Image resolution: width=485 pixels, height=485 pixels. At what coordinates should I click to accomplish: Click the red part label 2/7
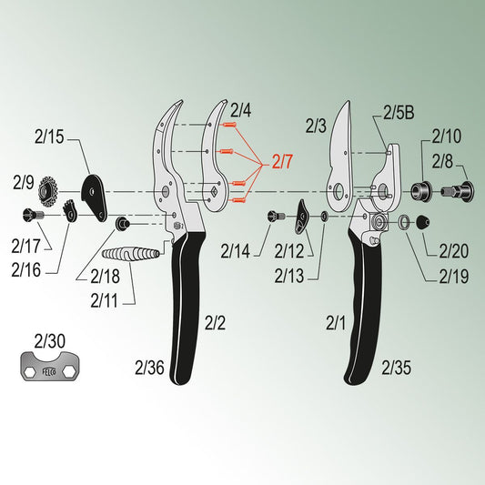[282, 161]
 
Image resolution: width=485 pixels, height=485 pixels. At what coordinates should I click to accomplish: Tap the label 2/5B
[399, 113]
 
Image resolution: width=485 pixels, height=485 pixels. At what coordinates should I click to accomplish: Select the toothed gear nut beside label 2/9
[48, 192]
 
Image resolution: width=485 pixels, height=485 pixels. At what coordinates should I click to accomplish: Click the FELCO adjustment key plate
[49, 366]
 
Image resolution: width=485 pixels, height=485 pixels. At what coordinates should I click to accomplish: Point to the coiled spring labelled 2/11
[130, 254]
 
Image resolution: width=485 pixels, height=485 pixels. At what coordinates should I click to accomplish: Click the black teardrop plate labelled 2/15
[94, 197]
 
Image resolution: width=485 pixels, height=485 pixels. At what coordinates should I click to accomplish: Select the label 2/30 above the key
[49, 341]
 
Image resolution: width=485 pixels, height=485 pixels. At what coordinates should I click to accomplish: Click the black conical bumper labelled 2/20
[422, 222]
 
